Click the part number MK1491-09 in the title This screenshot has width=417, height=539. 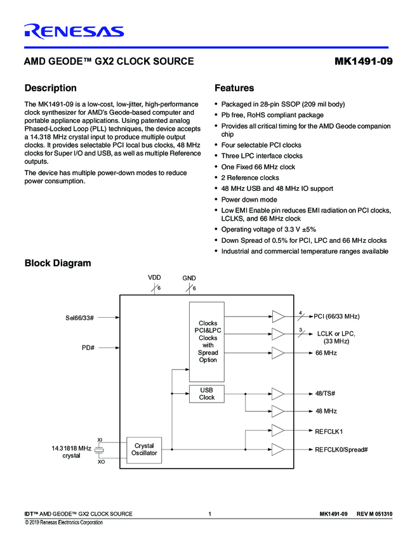click(x=362, y=62)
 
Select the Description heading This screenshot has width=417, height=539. click(x=50, y=88)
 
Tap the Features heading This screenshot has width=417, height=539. click(x=234, y=88)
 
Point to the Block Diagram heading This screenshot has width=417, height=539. click(x=57, y=263)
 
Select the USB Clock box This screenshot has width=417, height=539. click(x=207, y=394)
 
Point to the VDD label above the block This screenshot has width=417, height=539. click(x=155, y=278)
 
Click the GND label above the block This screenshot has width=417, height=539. click(x=189, y=278)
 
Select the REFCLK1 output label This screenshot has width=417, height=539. click(x=329, y=431)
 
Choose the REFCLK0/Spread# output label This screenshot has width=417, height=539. click(x=341, y=450)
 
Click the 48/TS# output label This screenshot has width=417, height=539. click(x=326, y=394)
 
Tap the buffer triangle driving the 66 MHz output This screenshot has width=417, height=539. click(x=278, y=353)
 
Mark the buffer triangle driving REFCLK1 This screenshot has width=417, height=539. click(x=278, y=431)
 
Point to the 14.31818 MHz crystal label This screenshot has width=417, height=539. click(x=71, y=451)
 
